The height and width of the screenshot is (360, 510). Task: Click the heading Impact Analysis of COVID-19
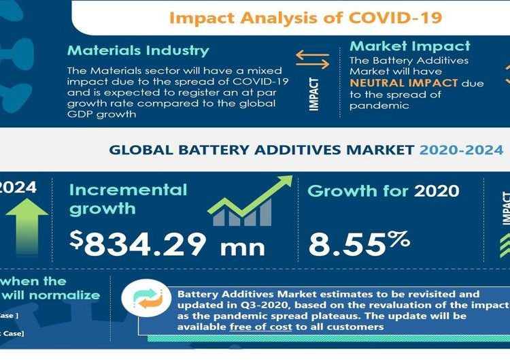click(305, 17)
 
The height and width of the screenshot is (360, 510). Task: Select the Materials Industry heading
click(138, 50)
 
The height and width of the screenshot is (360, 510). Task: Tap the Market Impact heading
click(409, 46)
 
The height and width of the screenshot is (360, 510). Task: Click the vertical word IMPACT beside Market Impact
click(313, 94)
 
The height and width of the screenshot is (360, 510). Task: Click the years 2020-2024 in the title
click(461, 150)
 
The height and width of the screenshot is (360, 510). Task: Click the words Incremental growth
click(128, 198)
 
